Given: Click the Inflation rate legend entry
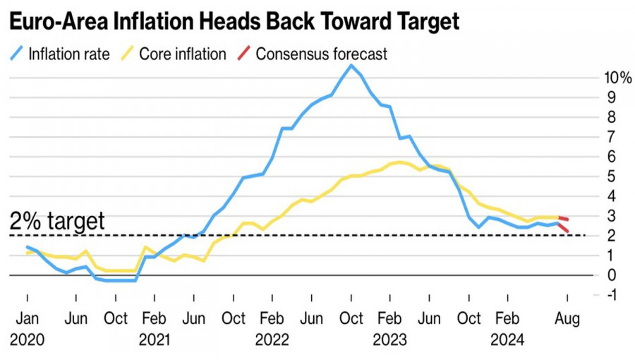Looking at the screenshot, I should (x=68, y=54).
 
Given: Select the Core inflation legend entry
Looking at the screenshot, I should (x=182, y=54).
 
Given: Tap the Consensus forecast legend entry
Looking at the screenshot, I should (x=321, y=54).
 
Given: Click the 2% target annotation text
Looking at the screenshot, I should (x=57, y=221).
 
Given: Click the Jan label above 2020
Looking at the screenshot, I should (x=27, y=318).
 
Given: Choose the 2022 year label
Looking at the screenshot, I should (x=272, y=340).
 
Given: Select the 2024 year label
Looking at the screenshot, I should (x=508, y=340).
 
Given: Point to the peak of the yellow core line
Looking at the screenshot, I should (x=400, y=162).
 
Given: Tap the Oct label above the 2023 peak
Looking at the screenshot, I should (x=351, y=318).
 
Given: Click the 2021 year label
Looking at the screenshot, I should (x=155, y=340).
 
